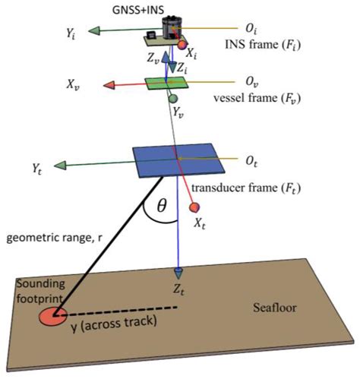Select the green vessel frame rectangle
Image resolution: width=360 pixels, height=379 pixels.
[166, 83]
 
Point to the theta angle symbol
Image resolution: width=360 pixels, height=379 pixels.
[161, 206]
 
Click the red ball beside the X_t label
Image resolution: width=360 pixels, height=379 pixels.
[195, 207]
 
